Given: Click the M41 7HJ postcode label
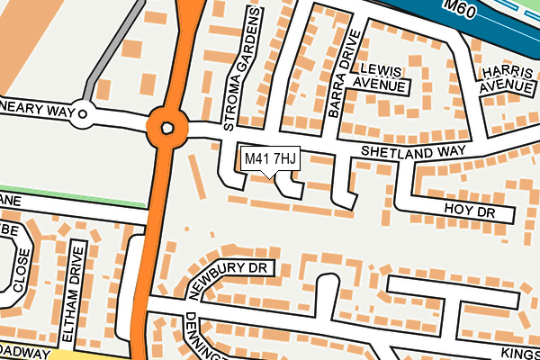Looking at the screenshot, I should (270, 159).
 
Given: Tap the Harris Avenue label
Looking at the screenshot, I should (507, 79).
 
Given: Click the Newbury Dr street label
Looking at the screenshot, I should (230, 279).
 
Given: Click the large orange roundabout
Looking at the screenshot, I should (166, 128).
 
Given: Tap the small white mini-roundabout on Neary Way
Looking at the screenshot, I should (84, 113).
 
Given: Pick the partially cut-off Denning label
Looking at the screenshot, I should (200, 337).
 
